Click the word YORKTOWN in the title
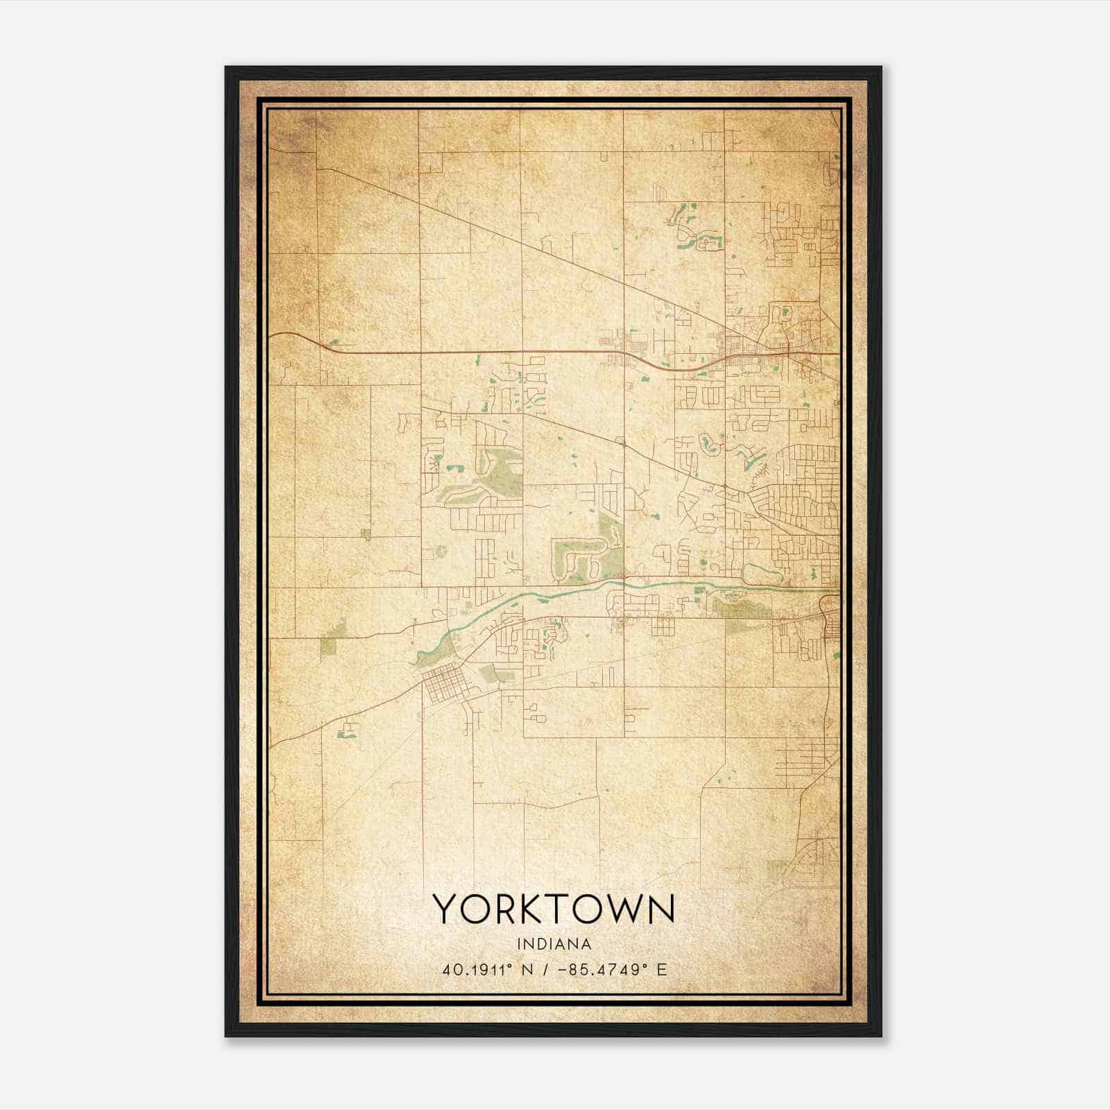pyautogui.click(x=554, y=909)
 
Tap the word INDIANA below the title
pyautogui.click(x=554, y=944)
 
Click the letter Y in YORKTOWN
pyautogui.click(x=445, y=909)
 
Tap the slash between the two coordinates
pyautogui.click(x=548, y=970)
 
